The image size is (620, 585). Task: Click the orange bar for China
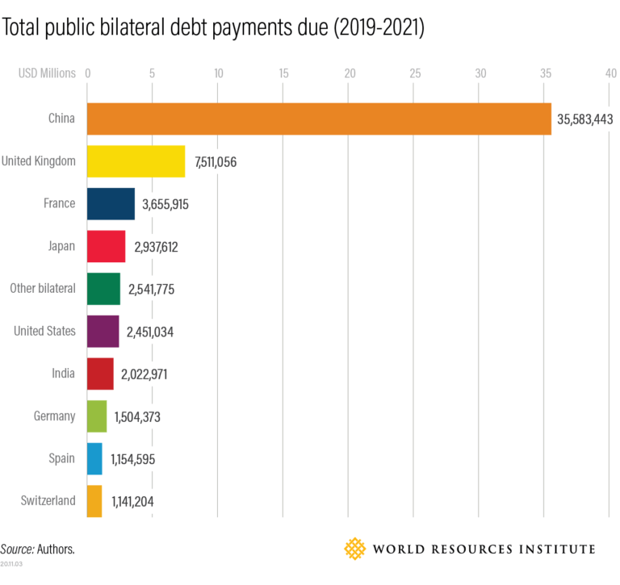(x=319, y=119)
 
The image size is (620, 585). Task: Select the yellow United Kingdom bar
(x=136, y=161)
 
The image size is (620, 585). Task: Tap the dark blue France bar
(x=111, y=203)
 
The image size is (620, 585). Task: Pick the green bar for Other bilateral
(x=103, y=289)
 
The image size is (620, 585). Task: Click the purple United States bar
(x=103, y=331)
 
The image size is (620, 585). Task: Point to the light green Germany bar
(x=96, y=416)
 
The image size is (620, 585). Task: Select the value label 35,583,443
(x=585, y=119)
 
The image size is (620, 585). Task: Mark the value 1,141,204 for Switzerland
(x=132, y=502)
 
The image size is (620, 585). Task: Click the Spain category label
(x=61, y=458)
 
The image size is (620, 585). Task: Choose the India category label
(x=62, y=373)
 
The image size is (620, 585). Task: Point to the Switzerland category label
(x=48, y=500)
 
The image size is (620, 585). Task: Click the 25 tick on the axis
(x=415, y=73)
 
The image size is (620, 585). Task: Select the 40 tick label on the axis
(x=610, y=73)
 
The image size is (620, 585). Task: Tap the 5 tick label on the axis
(x=152, y=73)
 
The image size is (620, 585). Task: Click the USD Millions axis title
(x=47, y=73)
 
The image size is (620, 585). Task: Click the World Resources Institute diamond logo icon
(x=354, y=549)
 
